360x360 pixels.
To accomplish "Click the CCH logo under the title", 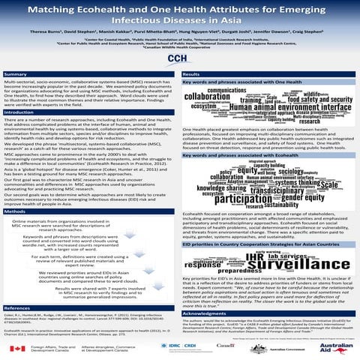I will pos(179,59).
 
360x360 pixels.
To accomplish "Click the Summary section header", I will pos(16,75).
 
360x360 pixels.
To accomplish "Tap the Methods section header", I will pos(16,212).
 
